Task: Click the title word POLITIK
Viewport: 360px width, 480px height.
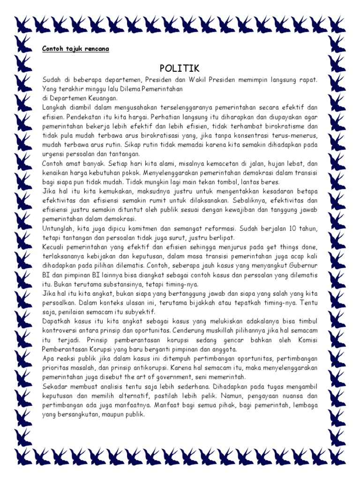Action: click(x=180, y=68)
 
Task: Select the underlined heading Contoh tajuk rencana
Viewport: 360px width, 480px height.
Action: click(x=75, y=48)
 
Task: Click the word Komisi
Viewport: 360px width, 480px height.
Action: click(x=305, y=340)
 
